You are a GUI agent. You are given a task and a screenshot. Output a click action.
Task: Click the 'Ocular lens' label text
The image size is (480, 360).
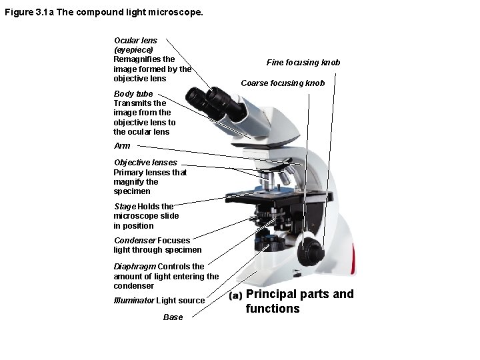tap(135, 41)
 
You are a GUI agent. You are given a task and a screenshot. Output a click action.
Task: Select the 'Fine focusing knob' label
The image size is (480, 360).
tap(303, 63)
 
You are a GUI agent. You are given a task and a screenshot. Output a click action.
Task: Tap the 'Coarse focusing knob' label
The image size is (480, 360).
tap(283, 83)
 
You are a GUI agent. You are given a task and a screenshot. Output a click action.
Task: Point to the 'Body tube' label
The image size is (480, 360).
tap(133, 94)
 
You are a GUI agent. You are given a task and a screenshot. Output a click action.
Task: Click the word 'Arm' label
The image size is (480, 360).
tap(122, 145)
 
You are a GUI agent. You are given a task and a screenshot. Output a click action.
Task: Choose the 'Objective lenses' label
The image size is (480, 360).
tap(145, 163)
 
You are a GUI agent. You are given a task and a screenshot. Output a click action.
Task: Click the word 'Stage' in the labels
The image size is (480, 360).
tap(125, 207)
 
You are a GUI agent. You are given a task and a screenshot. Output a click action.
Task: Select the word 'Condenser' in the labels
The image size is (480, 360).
tap(134, 241)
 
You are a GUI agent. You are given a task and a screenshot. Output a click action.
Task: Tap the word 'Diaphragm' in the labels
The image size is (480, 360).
tap(133, 267)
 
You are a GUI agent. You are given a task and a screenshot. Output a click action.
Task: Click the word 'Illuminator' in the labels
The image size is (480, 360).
tap(133, 301)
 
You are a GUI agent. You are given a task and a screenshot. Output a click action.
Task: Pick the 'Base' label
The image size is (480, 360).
tap(173, 317)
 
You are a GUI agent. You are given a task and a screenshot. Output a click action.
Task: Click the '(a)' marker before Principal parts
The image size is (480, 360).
tap(235, 295)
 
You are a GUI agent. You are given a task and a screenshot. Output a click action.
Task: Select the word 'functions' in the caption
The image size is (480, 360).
tap(272, 309)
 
